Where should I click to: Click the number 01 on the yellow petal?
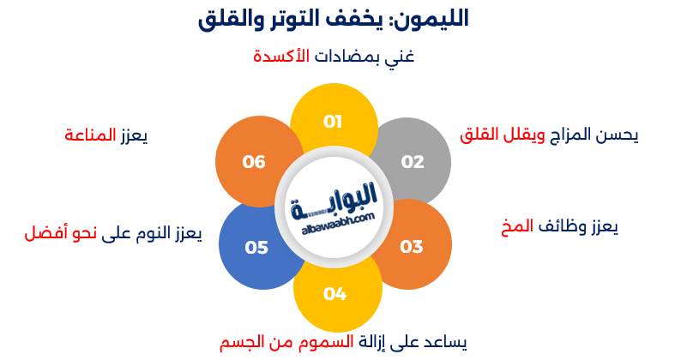pos(333,121)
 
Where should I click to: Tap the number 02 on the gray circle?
pos(413,162)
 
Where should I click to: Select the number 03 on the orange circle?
pos(412,247)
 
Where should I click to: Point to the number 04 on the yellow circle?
pos(334,294)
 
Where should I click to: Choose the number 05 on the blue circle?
pos(256,248)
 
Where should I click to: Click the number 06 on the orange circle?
pos(254,161)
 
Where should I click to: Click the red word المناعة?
pos(90,135)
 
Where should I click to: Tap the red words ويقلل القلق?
pos(491,135)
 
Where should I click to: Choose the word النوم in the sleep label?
pos(149,234)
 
